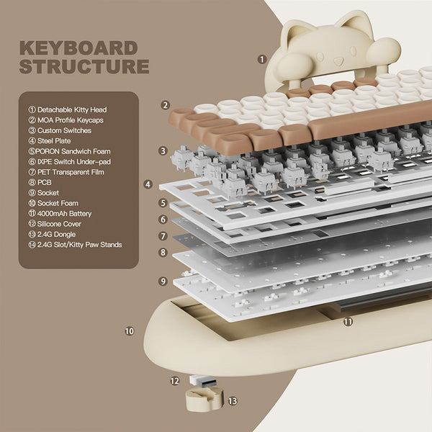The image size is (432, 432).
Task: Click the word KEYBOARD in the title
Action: pos(78,49)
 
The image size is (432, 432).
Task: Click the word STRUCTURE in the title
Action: pos(84,67)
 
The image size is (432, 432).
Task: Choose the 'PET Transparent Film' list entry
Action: pos(72,172)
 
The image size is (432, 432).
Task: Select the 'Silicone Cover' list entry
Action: pos(60,224)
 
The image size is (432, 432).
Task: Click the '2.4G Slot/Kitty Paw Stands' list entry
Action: pos(75,245)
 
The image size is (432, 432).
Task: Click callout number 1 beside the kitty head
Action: pos(261,59)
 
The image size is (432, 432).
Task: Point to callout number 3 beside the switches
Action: pos(163,151)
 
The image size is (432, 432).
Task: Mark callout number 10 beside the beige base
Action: pos(130,331)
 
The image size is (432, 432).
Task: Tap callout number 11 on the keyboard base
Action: pos(348,322)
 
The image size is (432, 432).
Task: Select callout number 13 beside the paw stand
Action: pos(232,400)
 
